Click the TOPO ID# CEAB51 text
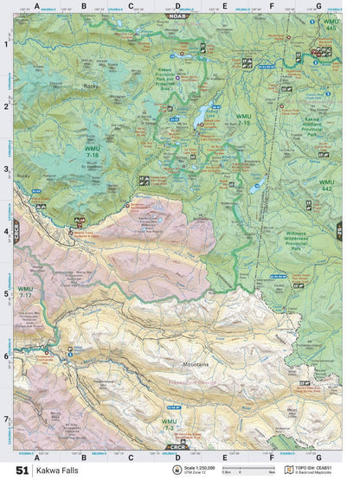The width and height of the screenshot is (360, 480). tap(318, 468)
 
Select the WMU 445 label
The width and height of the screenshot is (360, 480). tap(329, 26)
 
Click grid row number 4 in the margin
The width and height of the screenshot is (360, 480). tap(7, 231)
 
